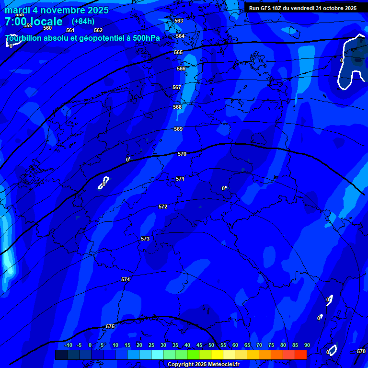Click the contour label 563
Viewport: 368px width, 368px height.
179,21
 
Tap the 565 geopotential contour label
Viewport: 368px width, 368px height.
178,52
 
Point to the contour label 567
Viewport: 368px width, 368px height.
177,88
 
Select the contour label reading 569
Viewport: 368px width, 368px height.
178,129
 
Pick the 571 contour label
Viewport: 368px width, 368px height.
180,179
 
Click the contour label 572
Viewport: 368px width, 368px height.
163,207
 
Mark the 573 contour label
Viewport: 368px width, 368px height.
145,239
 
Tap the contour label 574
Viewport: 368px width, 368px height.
126,279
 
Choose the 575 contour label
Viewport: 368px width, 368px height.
110,326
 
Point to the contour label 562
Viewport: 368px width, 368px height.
98,30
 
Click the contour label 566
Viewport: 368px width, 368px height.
181,69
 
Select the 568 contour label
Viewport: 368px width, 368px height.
177,107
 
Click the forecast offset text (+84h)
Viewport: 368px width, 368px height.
83,22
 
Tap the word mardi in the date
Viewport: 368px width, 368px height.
17,10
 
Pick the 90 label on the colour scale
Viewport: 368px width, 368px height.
307,345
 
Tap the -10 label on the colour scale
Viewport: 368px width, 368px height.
69,345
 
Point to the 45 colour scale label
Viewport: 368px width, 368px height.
199,345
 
